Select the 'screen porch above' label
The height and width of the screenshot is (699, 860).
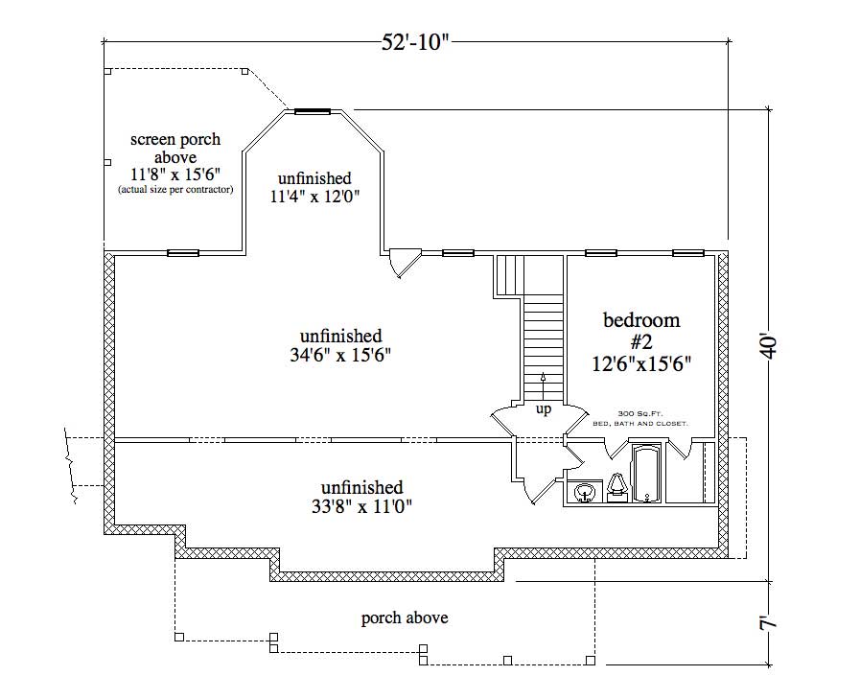click(175, 148)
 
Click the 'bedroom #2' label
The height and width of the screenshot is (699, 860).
click(640, 331)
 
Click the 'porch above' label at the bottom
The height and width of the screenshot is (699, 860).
click(404, 617)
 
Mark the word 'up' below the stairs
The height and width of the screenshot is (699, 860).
click(543, 409)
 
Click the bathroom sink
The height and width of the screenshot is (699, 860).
click(584, 493)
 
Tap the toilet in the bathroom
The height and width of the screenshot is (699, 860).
click(616, 488)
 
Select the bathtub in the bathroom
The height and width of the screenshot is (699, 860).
click(648, 472)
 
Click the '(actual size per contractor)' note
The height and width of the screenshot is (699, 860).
click(175, 190)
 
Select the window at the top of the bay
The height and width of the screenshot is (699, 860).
click(312, 111)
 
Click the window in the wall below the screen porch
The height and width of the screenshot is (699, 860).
click(183, 253)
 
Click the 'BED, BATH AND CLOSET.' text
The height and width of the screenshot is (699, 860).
click(640, 423)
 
